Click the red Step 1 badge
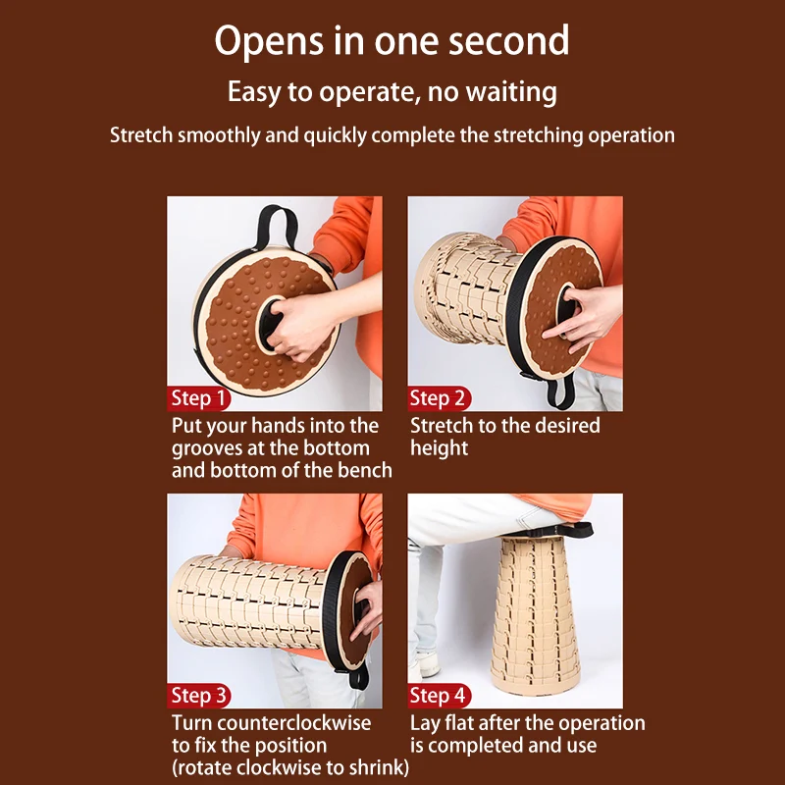pyautogui.click(x=199, y=398)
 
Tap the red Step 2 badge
pyautogui.click(x=439, y=398)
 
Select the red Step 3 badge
pyautogui.click(x=199, y=696)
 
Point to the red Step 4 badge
pyautogui.click(x=439, y=696)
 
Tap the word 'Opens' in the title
pyautogui.click(x=269, y=42)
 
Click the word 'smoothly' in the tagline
pyautogui.click(x=219, y=135)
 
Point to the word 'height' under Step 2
pyautogui.click(x=439, y=447)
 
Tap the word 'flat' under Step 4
pyautogui.click(x=458, y=723)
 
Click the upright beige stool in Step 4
pyautogui.click(x=535, y=614)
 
